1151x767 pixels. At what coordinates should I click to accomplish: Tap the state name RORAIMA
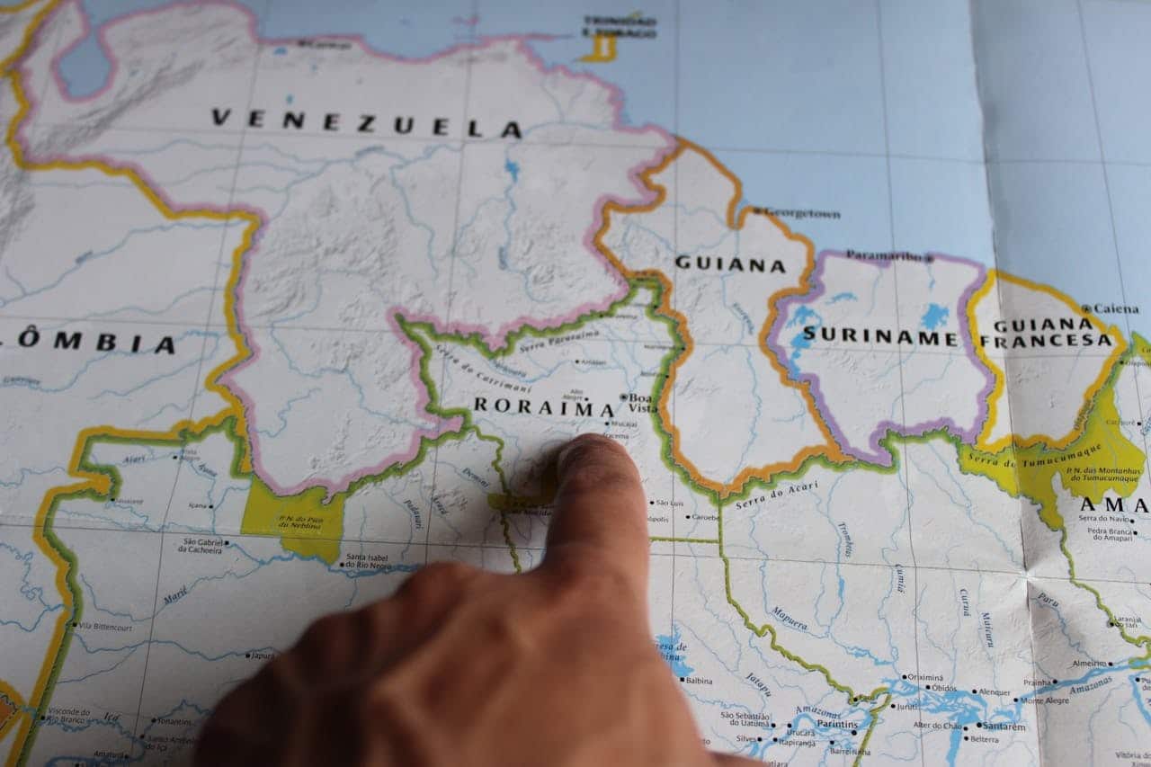tap(544, 406)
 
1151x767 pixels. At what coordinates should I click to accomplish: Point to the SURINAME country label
tap(879, 336)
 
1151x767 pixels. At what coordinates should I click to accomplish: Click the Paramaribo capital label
tap(886, 256)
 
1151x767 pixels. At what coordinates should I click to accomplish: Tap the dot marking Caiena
tap(1086, 308)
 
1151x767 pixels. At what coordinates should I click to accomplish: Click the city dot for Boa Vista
tap(623, 397)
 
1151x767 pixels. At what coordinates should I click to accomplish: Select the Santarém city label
tap(1003, 727)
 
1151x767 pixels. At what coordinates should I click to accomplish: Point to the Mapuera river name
tap(789, 619)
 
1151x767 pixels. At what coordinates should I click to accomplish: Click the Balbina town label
tap(699, 681)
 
